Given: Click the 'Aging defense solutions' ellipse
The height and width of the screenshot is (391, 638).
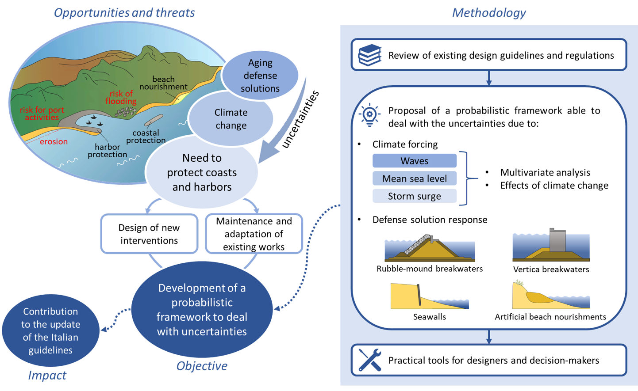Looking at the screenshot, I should [260, 76].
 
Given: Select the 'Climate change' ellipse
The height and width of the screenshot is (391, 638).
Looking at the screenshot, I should [231, 119].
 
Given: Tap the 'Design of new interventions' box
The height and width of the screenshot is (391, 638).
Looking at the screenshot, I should [149, 234].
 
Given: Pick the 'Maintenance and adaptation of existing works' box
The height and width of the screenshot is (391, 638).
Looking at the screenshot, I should [254, 234].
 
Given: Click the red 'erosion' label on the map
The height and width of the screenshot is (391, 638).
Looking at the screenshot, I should [54, 142].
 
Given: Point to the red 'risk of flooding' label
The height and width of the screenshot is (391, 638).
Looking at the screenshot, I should [121, 97].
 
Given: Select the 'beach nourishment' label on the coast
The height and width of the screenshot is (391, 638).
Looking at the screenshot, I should [163, 83].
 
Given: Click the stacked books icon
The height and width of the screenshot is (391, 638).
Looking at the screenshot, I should [369, 55].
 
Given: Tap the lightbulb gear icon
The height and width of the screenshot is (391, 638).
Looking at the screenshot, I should [370, 116].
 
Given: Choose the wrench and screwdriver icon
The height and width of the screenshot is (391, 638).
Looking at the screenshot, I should [370, 360].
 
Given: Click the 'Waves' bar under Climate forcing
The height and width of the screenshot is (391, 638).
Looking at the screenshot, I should [415, 161].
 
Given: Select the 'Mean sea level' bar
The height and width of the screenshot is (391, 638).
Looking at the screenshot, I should [415, 178].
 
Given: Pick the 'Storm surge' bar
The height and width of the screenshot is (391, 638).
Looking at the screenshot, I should [415, 196].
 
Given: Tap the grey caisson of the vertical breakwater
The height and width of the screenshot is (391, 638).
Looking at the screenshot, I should [557, 239].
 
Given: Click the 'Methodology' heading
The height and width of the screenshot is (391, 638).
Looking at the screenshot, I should [489, 13].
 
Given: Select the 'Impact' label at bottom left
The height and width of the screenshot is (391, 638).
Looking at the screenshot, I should [47, 376].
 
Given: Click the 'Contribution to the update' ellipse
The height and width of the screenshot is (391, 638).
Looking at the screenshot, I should [51, 331].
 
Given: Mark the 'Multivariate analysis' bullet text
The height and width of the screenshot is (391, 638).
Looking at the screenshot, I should [545, 172].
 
